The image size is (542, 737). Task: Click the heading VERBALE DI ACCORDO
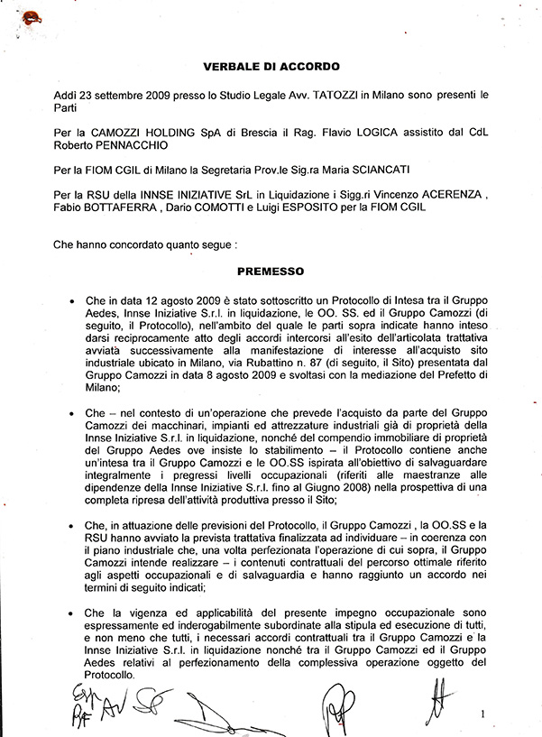(271, 67)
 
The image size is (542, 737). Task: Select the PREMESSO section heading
(271, 270)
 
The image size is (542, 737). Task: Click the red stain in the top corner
(34, 16)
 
